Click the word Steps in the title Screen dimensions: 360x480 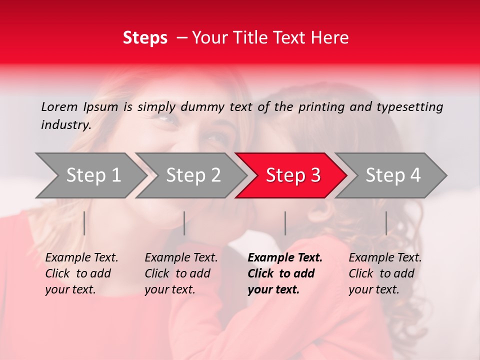point(145,38)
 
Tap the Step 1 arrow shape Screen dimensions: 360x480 point(90,175)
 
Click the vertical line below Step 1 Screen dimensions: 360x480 point(84,223)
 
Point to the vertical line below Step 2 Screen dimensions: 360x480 point(184,223)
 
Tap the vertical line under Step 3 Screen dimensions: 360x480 point(285,223)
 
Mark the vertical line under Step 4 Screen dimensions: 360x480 point(386,223)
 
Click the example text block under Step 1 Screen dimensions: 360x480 point(81,273)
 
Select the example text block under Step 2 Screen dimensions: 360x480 point(180,273)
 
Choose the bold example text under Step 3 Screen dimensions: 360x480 point(284,273)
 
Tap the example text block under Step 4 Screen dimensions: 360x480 point(384,273)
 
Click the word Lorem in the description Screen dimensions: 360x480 point(59,107)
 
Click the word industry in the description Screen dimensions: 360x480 point(65,125)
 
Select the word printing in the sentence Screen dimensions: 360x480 point(322,107)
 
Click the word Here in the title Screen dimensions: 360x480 point(331,38)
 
